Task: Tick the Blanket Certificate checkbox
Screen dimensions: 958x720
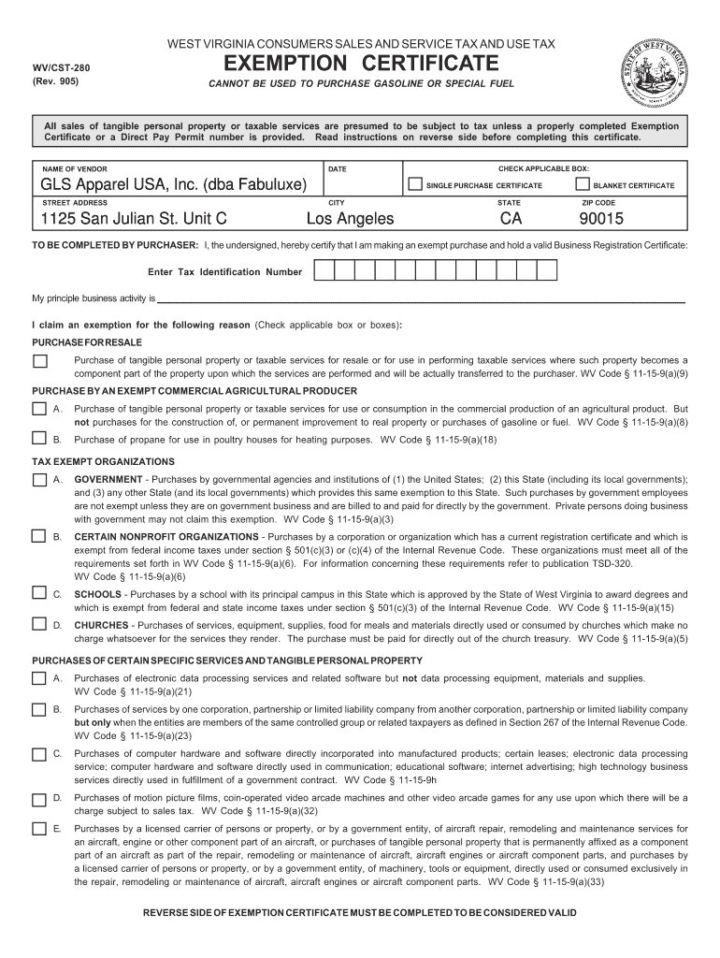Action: coord(583,184)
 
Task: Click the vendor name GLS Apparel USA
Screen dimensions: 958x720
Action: coord(173,185)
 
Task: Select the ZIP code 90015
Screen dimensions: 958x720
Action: coord(600,220)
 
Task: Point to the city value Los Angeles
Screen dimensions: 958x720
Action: coord(351,220)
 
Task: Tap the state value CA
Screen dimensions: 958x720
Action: coord(511,220)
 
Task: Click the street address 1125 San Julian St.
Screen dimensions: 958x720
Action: coord(133,220)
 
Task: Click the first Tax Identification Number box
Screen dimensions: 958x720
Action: coord(323,271)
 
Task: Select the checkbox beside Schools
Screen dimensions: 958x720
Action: coord(39,593)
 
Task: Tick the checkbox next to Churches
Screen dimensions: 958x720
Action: coord(39,624)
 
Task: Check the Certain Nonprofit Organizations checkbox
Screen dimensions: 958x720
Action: coord(39,536)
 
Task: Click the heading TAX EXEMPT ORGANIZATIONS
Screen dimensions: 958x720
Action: coord(104,462)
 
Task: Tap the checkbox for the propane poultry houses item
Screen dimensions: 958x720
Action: coord(39,438)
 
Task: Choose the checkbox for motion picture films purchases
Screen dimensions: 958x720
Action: coord(39,799)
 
